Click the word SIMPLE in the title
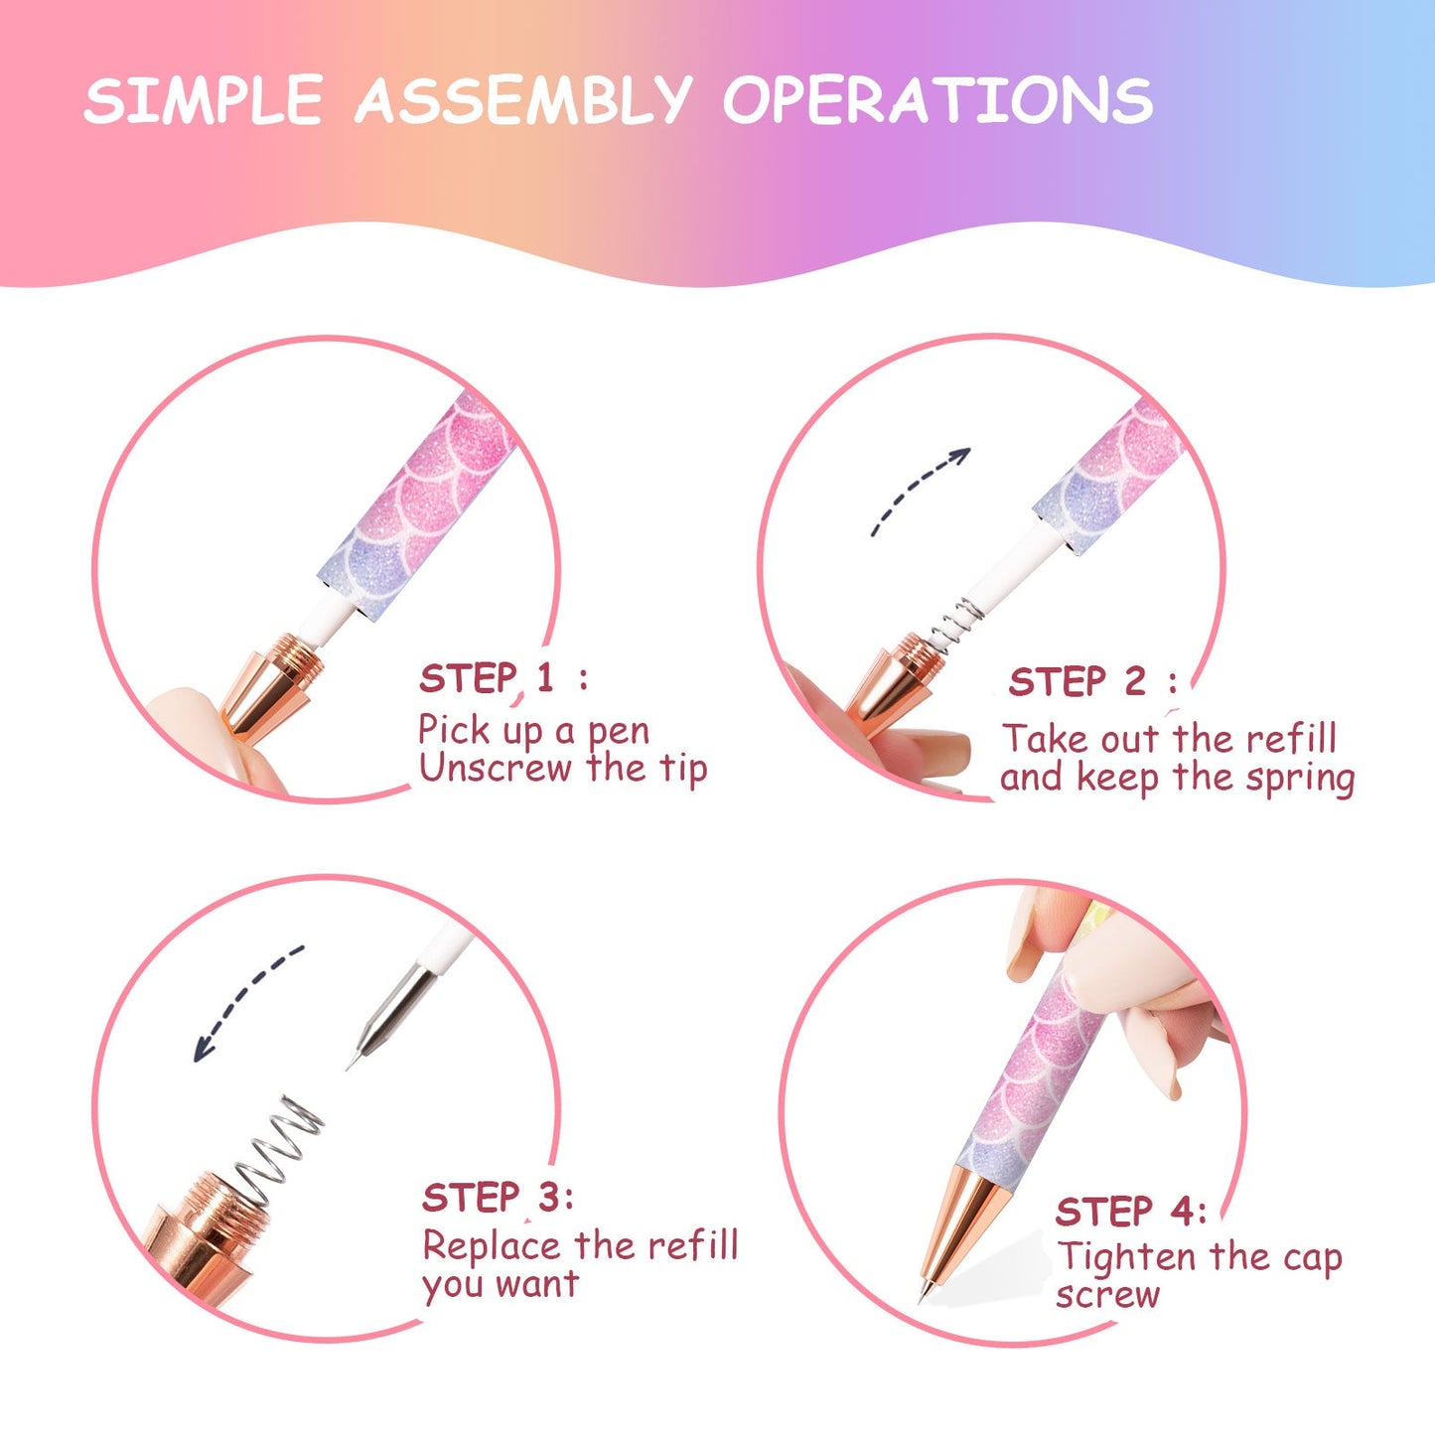(x=204, y=99)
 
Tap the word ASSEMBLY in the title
(x=523, y=99)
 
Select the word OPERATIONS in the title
(x=938, y=99)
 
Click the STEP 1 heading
(x=503, y=677)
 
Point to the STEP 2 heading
(x=1093, y=681)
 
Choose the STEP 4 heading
(x=1130, y=1212)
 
